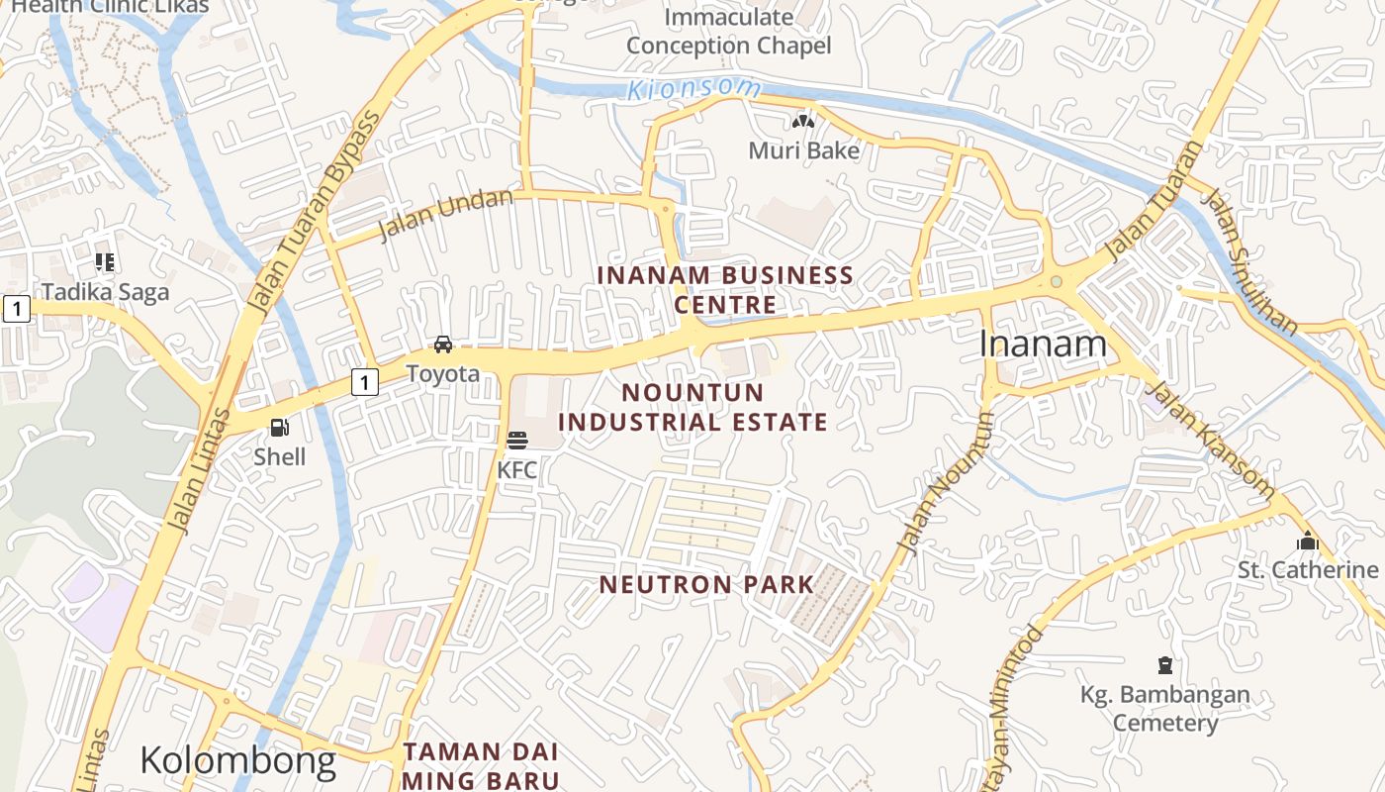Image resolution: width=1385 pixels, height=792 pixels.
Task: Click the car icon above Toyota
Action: (443, 345)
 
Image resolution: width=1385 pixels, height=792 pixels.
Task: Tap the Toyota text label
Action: (443, 374)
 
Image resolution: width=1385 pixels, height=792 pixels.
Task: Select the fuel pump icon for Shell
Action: (280, 428)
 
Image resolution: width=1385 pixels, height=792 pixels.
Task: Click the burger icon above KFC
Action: (517, 440)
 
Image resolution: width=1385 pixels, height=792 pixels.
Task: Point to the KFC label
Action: (517, 470)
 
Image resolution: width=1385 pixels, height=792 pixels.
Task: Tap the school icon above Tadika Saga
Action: (105, 262)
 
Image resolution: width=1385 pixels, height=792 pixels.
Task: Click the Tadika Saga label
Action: (105, 293)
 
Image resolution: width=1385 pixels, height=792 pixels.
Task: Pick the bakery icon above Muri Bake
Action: (803, 122)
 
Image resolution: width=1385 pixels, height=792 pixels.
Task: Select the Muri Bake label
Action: (803, 151)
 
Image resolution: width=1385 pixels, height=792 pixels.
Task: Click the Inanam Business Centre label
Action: (726, 289)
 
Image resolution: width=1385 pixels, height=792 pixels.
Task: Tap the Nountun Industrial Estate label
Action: (692, 407)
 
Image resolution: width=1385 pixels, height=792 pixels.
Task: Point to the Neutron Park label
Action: (706, 584)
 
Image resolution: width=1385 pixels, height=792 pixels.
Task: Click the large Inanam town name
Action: (1043, 345)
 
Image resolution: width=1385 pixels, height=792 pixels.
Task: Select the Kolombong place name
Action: (237, 760)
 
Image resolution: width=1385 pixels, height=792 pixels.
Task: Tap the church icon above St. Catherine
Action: (1308, 541)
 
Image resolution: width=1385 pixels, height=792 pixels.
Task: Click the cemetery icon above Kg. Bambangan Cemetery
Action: (1165, 664)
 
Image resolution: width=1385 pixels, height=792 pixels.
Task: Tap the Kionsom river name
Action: (694, 88)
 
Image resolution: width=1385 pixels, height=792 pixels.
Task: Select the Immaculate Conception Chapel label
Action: (729, 32)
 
